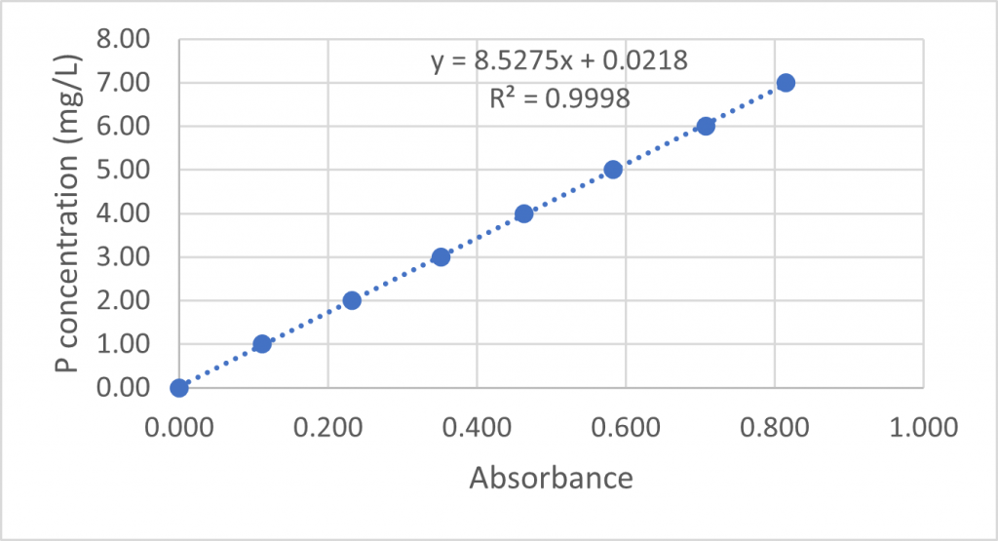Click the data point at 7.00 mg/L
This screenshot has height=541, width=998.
(x=786, y=83)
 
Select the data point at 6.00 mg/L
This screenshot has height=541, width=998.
(x=706, y=126)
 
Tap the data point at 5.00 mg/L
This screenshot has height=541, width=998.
(x=613, y=170)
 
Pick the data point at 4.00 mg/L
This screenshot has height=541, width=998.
(x=523, y=213)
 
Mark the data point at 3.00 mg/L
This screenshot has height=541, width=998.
(x=441, y=257)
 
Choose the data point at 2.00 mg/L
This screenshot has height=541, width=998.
(x=352, y=300)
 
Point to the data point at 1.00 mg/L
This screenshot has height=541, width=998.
(x=262, y=344)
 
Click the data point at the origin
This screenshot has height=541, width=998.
(x=179, y=388)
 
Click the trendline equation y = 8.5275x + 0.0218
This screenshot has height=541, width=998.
(x=559, y=61)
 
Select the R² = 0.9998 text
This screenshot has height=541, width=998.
(x=559, y=97)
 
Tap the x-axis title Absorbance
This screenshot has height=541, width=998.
(x=551, y=479)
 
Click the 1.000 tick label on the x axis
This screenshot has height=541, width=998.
(x=923, y=428)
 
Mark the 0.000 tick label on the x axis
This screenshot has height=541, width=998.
(x=178, y=428)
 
